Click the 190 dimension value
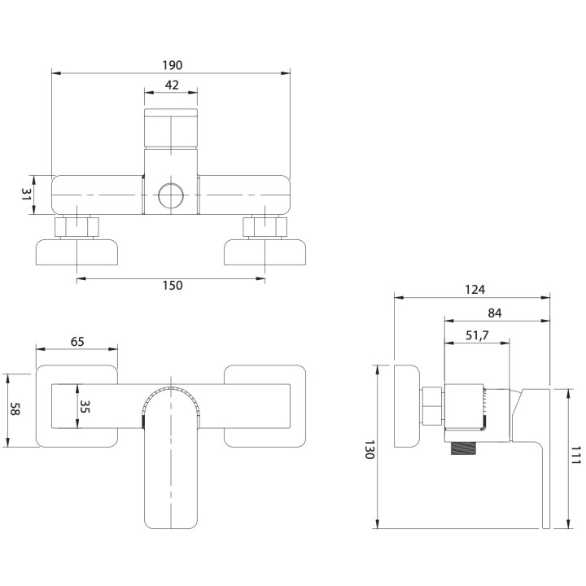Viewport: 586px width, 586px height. pos(171,65)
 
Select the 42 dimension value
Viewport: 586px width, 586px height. pos(171,84)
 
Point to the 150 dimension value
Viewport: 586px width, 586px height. pos(171,285)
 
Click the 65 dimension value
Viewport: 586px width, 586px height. pos(77,342)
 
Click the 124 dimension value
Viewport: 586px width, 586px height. pos(475,290)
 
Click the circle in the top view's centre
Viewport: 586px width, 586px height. pos(171,195)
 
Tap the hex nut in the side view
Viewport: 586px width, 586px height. pos(433,405)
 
